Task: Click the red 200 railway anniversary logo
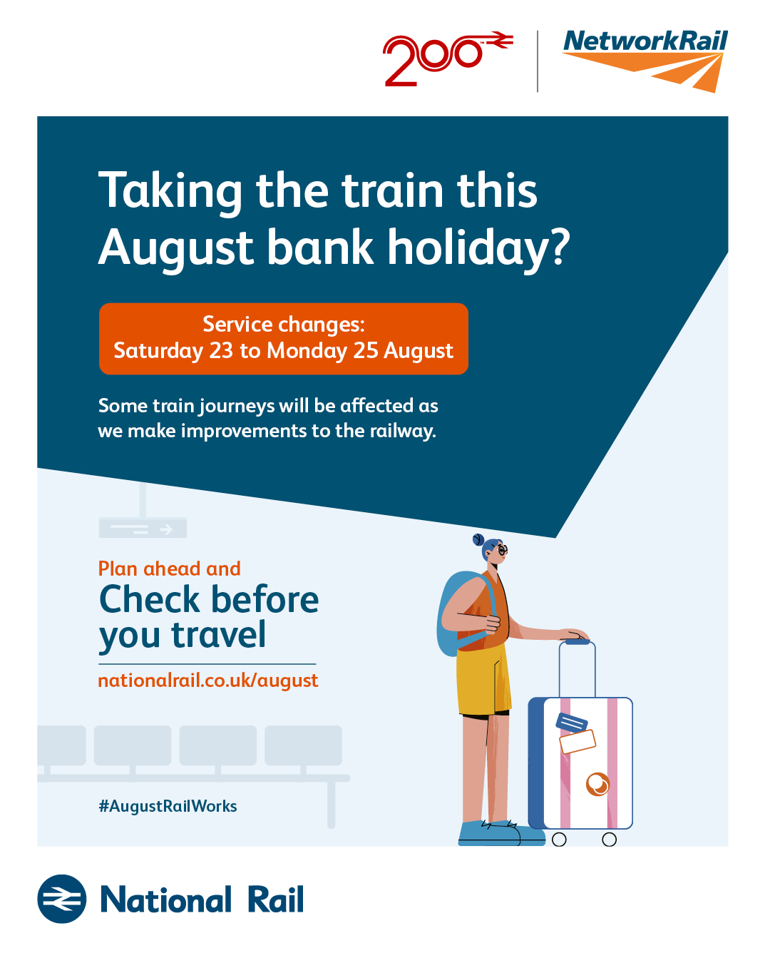(x=448, y=58)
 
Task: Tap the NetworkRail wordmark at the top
(x=645, y=41)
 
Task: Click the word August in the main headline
(x=176, y=248)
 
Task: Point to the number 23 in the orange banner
(x=221, y=350)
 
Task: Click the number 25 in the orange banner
(x=366, y=350)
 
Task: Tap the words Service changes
(x=284, y=324)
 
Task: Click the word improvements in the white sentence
(x=244, y=431)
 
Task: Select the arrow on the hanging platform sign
(x=166, y=530)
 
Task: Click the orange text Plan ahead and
(x=169, y=569)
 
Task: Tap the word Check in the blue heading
(x=150, y=599)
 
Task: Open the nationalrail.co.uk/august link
(x=208, y=681)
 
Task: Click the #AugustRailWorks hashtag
(x=168, y=806)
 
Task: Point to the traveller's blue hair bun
(x=478, y=539)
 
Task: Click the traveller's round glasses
(x=503, y=550)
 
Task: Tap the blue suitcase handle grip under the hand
(x=577, y=642)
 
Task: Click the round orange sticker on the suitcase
(x=597, y=784)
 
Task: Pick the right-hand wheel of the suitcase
(x=609, y=840)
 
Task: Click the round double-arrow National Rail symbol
(x=62, y=900)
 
